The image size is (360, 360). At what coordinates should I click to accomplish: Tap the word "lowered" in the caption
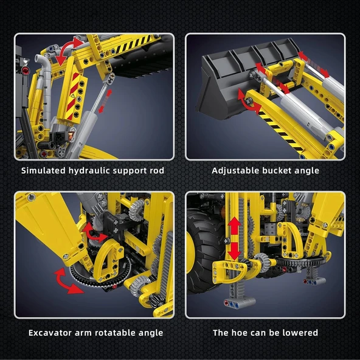(298, 333)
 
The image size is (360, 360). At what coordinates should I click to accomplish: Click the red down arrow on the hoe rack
(234, 249)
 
